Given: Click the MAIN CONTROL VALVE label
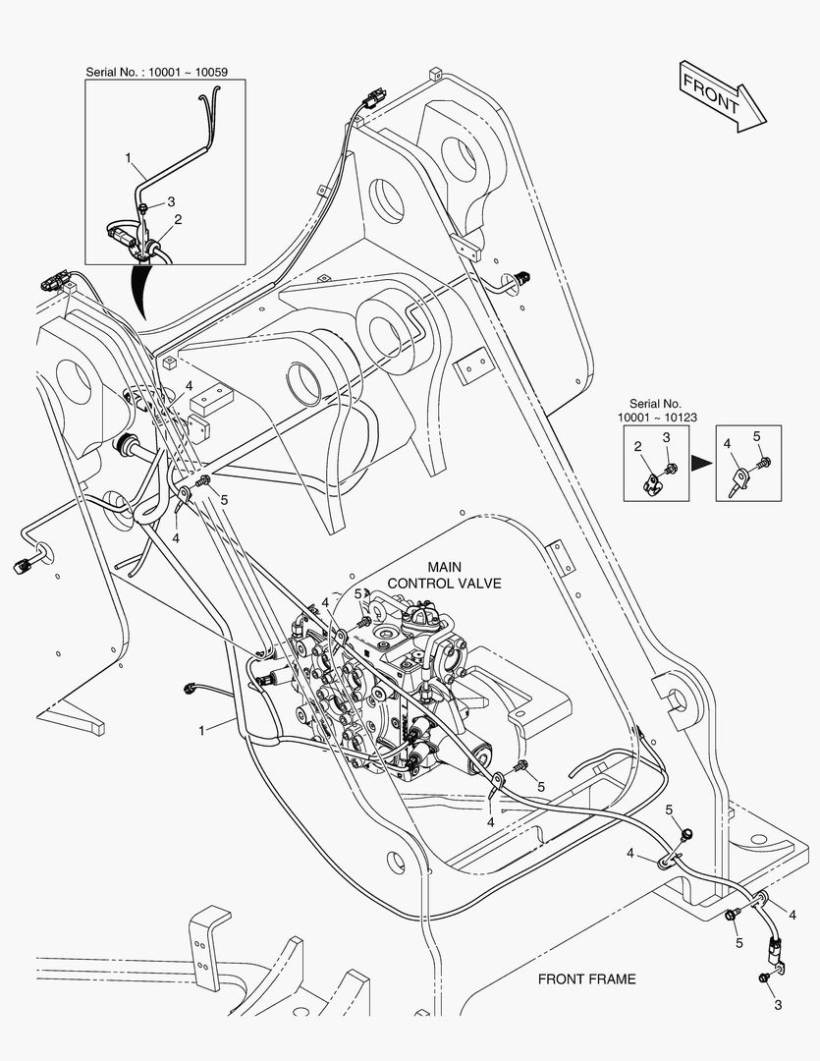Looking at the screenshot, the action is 445,575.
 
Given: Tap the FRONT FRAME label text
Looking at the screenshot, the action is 586,979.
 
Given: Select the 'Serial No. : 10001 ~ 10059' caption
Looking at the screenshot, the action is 156,72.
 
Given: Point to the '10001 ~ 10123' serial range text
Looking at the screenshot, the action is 657,418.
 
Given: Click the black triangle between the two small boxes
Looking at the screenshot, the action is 701,464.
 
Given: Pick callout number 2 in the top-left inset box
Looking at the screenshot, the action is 178,219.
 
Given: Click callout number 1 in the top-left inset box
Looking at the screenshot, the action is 128,157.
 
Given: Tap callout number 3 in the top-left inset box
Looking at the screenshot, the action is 171,201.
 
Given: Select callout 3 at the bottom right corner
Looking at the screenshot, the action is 778,1005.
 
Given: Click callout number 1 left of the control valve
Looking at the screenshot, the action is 201,730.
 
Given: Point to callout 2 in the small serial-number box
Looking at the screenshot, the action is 637,446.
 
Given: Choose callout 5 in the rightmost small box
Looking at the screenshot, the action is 757,436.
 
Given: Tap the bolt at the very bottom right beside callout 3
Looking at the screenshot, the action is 764,977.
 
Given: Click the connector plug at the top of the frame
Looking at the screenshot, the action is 371,101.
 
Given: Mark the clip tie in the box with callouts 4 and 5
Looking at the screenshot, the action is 739,481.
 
